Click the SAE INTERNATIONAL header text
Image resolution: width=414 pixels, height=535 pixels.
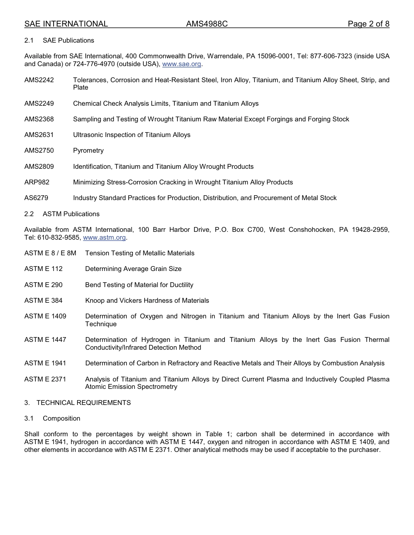(66, 24)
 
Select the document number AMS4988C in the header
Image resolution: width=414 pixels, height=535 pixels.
(207, 24)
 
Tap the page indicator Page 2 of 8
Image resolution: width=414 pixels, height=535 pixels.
(368, 24)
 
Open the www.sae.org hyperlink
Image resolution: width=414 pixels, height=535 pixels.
(182, 64)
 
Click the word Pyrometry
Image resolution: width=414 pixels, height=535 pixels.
(88, 150)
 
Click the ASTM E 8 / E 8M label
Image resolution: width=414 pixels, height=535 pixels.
(50, 253)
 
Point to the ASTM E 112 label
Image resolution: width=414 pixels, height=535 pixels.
(43, 269)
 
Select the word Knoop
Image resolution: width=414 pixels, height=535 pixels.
(95, 301)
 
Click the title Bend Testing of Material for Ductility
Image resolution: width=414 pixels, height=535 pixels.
(139, 285)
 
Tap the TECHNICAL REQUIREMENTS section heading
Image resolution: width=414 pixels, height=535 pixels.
(83, 403)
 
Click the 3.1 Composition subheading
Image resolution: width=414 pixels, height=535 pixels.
(52, 418)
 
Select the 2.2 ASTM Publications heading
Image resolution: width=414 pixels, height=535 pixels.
(62, 214)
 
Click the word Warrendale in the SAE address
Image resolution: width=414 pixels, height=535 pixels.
(224, 56)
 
